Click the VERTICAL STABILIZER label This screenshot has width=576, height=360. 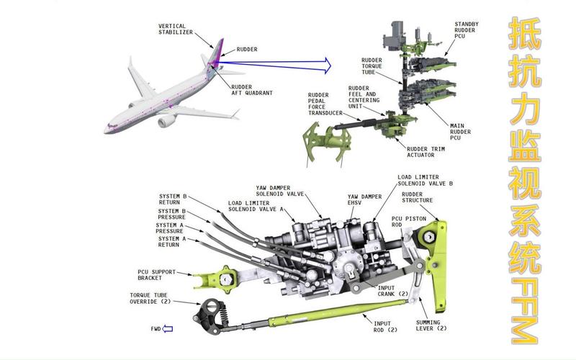176,30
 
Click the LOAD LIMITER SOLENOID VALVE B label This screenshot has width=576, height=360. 426,180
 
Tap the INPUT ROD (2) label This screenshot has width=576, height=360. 382,327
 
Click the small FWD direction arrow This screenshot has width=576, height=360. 168,329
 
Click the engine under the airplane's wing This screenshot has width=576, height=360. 168,121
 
